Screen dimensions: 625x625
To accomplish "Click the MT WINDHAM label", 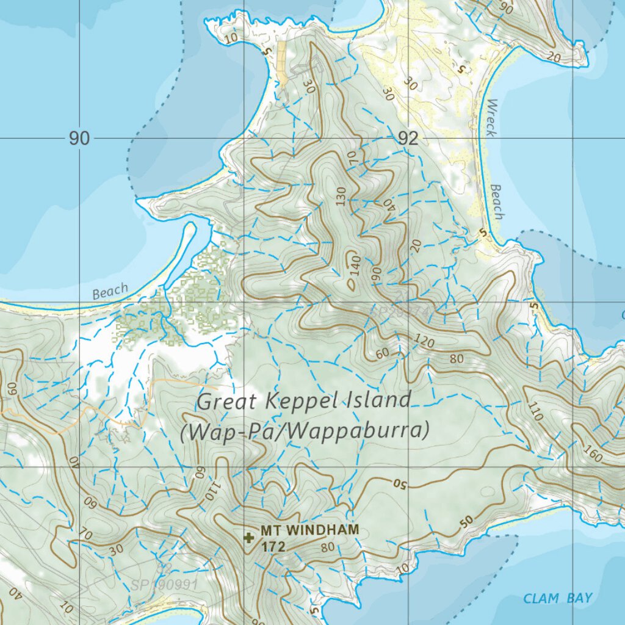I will tap(309, 530).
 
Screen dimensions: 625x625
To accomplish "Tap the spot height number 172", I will tap(273, 547).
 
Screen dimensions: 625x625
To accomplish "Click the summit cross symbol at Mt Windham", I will tap(248, 538).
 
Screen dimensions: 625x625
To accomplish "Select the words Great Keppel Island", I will tap(304, 401).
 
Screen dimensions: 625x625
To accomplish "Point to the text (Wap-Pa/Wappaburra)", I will tap(305, 431).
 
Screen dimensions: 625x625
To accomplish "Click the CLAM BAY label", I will tap(557, 598).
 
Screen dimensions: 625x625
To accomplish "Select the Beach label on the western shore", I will tap(110, 291).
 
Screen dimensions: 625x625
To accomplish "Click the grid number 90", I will tap(79, 139).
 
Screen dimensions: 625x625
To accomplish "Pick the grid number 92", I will tap(408, 139).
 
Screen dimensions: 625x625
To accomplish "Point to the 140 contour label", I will tap(356, 267).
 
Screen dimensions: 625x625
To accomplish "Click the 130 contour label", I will tap(341, 197).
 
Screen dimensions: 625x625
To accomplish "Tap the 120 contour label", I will tap(424, 341).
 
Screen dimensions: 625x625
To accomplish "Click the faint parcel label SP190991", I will tap(164, 585).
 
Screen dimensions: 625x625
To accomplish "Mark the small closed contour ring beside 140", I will tap(352, 284).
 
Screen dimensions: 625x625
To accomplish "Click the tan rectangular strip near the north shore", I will tap(283, 64).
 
